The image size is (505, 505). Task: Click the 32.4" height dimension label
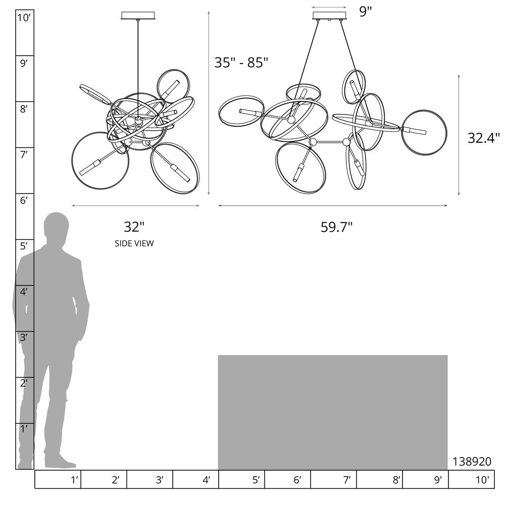[x=483, y=138]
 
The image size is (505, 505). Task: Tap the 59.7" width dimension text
[x=336, y=227]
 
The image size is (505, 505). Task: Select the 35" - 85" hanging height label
[x=241, y=63]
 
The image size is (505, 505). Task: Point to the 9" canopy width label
[x=366, y=12]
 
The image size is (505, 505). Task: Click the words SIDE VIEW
[x=134, y=243]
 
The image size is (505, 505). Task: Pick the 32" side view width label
[x=134, y=227]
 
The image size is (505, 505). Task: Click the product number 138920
[x=472, y=462]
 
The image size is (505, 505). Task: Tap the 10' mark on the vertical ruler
[x=24, y=18]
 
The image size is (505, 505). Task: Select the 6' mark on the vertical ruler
[x=24, y=200]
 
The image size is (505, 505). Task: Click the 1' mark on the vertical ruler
[x=24, y=429]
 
